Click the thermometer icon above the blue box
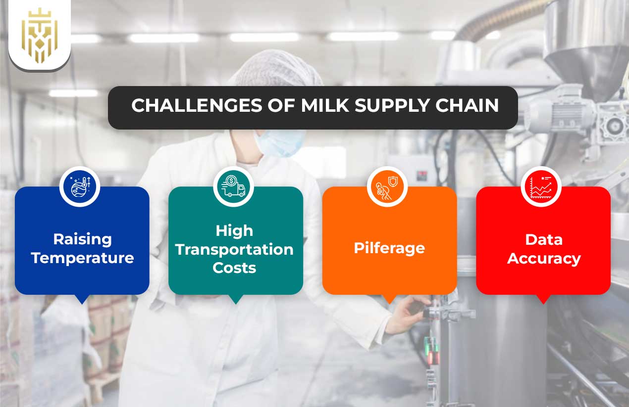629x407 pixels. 80,187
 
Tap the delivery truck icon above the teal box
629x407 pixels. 234,187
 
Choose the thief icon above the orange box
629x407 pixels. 387,187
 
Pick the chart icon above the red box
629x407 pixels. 541,187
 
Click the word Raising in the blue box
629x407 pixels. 82,239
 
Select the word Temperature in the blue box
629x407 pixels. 82,258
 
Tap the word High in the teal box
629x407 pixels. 234,230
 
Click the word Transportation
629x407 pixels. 234,249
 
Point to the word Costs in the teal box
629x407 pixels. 234,268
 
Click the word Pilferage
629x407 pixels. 389,248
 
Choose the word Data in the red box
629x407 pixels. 543,239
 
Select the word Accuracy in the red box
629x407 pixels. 543,258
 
